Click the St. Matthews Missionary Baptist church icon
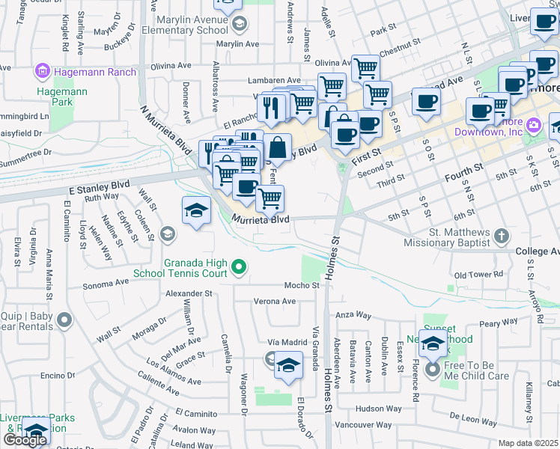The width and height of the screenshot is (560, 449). click(502, 236)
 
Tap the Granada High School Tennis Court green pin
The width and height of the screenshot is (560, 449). click(239, 266)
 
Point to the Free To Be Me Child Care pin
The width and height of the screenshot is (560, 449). click(432, 370)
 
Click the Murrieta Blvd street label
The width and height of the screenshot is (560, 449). click(260, 220)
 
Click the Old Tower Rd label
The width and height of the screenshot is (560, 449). click(478, 275)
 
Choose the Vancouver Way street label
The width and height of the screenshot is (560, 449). click(364, 424)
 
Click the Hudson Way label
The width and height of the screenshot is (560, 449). click(379, 409)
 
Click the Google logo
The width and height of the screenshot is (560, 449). click(25, 439)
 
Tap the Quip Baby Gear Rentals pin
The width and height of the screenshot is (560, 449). click(65, 320)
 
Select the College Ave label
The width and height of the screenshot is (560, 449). click(538, 251)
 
